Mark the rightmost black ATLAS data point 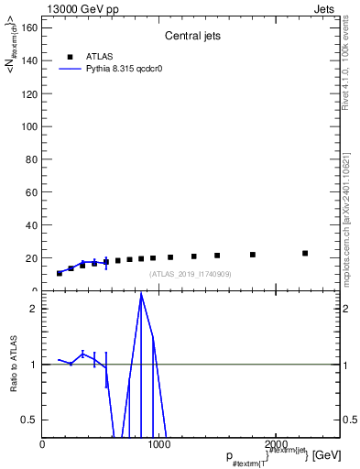[x=305, y=253]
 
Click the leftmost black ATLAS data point [x=60, y=273]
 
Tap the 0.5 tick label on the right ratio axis [x=347, y=420]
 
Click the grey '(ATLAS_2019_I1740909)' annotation [x=191, y=274]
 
